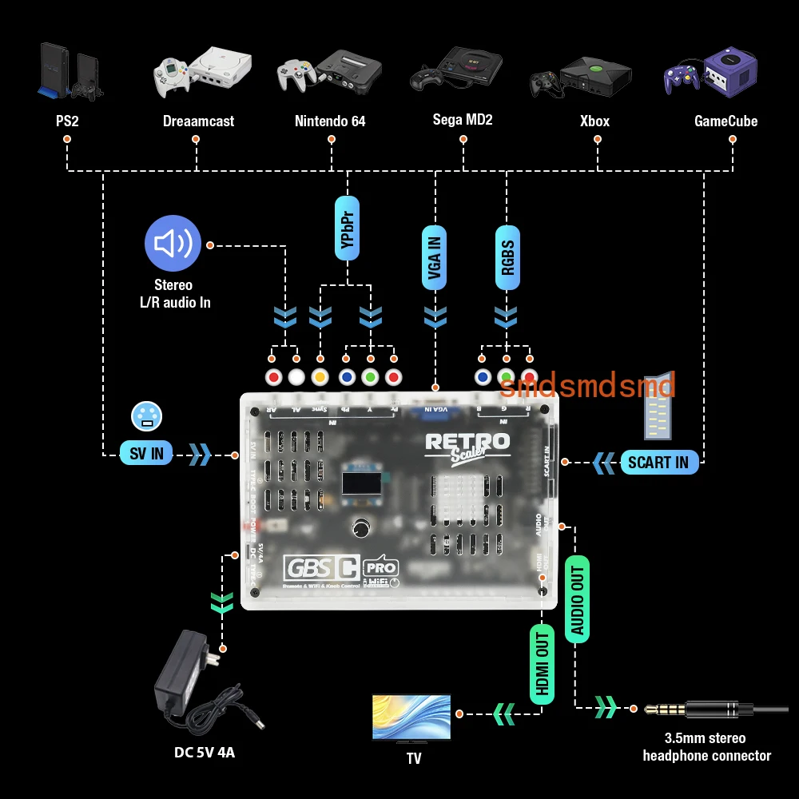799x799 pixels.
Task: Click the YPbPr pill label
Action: [348, 228]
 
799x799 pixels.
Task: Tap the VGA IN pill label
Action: [435, 256]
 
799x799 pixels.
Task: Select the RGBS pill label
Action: [507, 256]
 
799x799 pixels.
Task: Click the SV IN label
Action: [146, 454]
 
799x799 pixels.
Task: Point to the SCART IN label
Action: [658, 462]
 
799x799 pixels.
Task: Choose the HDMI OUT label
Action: [542, 663]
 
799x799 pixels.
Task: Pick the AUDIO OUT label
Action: [578, 600]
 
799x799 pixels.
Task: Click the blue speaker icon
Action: [173, 244]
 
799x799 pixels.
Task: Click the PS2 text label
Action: [66, 121]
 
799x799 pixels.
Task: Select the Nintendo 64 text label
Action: [330, 121]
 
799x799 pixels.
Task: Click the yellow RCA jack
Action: [320, 377]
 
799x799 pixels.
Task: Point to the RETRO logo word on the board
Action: [467, 441]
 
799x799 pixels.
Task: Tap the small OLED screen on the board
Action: [360, 483]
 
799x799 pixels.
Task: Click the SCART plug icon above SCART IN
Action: [658, 407]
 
